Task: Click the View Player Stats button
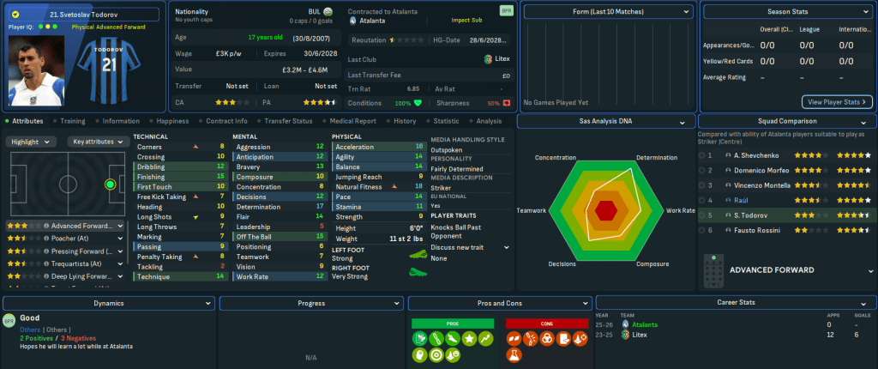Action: pyautogui.click(x=837, y=101)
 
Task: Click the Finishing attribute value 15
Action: pyautogui.click(x=220, y=176)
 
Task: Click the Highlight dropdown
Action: pyautogui.click(x=33, y=142)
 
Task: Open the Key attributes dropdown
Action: pyautogui.click(x=98, y=142)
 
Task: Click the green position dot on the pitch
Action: pyautogui.click(x=110, y=184)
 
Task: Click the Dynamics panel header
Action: pyautogui.click(x=109, y=303)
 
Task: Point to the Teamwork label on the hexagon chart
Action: pyautogui.click(x=532, y=210)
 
